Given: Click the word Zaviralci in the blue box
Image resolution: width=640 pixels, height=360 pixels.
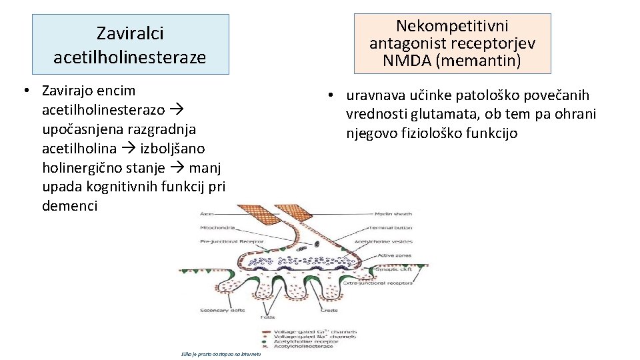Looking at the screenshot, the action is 130,33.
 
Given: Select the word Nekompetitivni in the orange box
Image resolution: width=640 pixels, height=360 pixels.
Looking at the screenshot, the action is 452,26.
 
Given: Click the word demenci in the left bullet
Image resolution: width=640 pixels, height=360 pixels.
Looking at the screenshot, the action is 69,206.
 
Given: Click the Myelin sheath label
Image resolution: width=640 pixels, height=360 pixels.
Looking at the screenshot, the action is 393,214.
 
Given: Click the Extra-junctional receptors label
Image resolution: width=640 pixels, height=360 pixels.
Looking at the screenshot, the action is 375,283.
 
